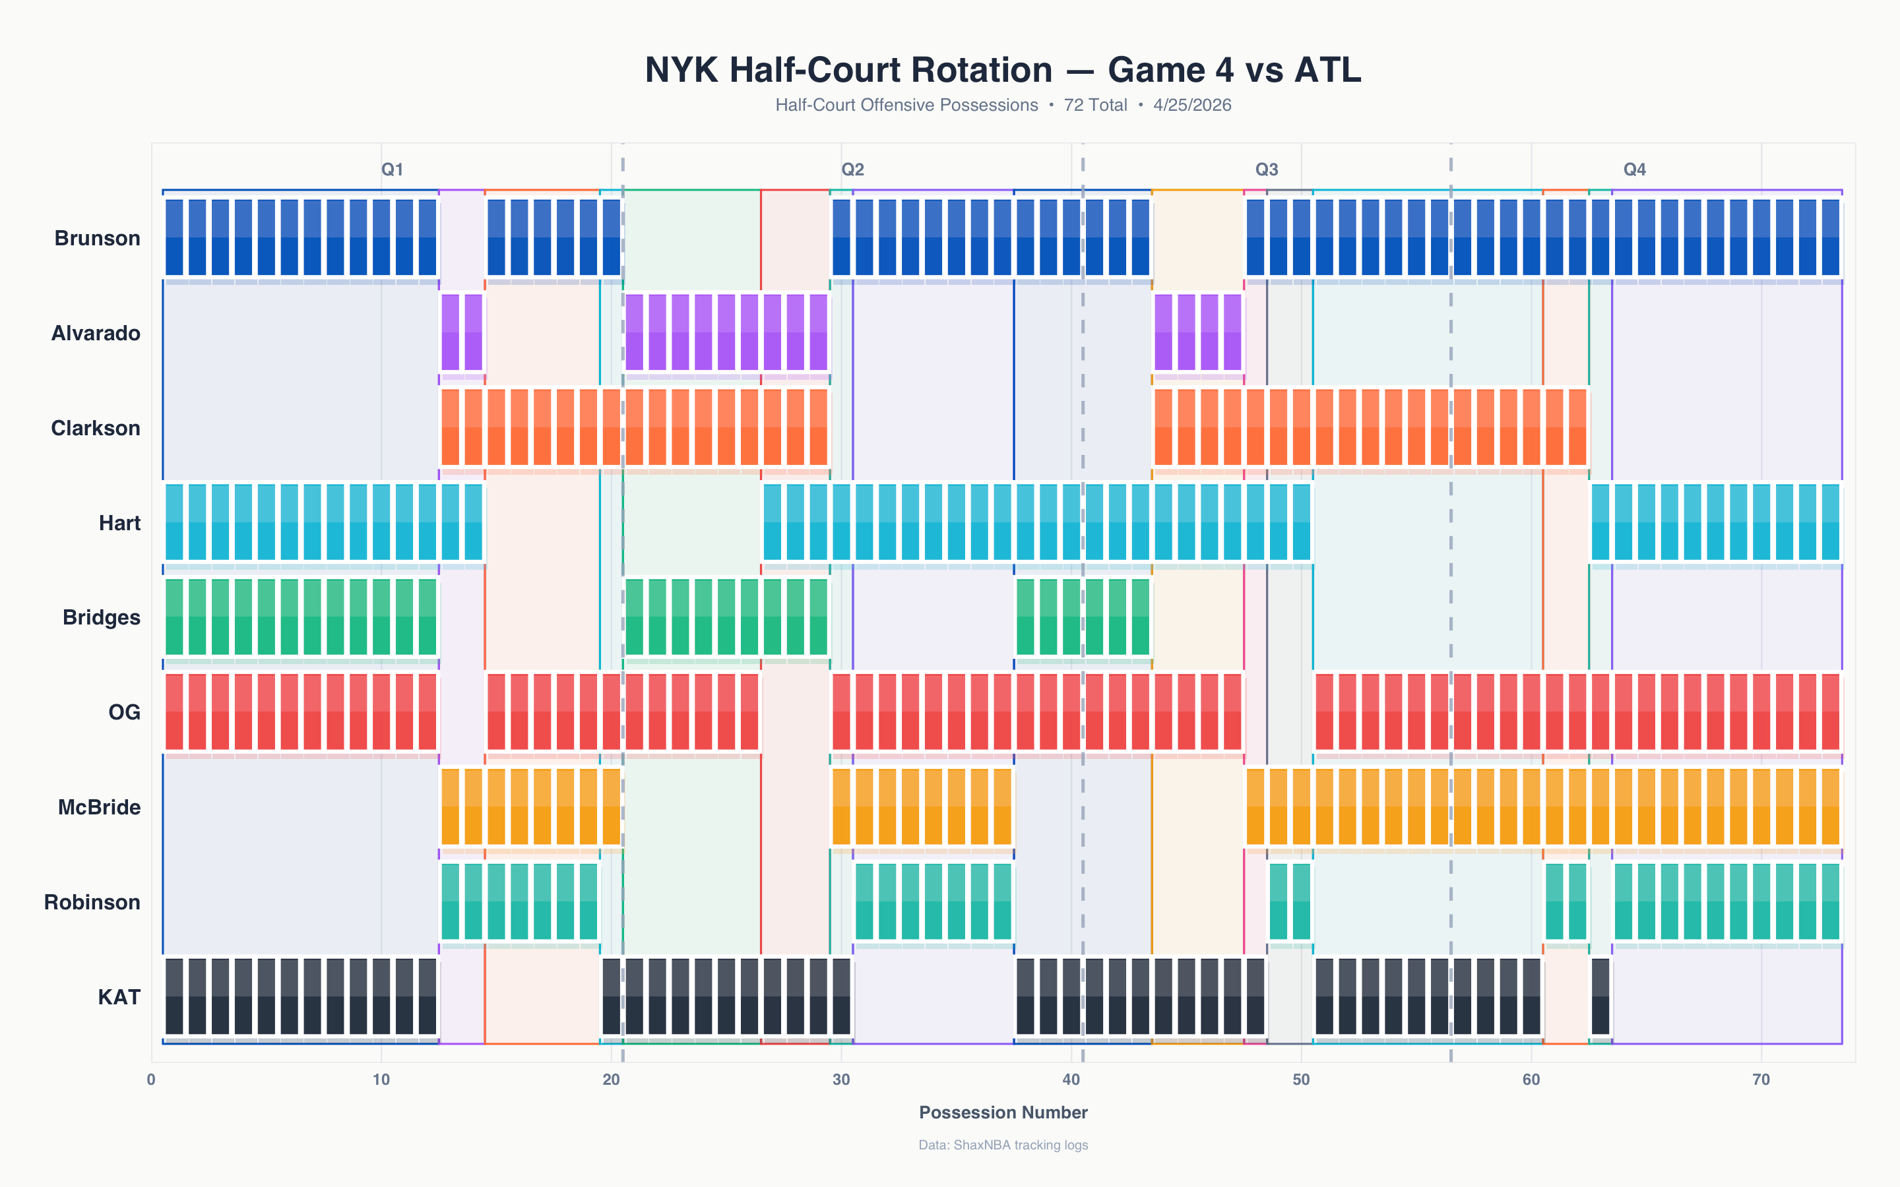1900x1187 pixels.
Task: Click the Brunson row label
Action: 98,238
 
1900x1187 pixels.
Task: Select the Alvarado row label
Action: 96,333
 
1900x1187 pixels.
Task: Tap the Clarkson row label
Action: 96,428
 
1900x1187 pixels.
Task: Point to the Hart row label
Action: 119,523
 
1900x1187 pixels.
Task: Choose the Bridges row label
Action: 102,618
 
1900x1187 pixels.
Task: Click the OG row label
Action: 124,712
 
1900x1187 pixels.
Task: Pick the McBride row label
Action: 99,807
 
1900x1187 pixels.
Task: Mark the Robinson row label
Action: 92,902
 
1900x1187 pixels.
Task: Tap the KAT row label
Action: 119,997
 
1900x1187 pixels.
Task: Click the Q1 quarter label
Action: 393,169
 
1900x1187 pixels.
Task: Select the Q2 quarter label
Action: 852,169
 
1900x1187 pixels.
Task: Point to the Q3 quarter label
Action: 1267,169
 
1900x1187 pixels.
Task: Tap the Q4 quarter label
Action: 1635,169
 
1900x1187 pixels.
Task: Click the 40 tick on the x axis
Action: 1071,1080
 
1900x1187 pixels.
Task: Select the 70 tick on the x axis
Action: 1761,1080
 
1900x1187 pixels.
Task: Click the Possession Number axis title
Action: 1003,1112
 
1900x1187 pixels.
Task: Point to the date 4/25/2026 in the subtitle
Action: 1192,106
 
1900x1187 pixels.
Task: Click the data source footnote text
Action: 1003,1145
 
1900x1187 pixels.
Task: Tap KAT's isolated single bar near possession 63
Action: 1600,997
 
